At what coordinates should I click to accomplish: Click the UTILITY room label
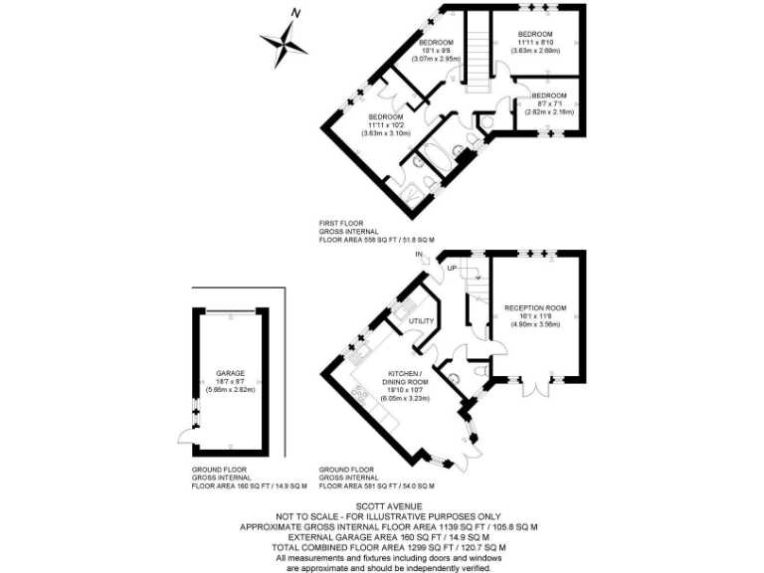(x=421, y=321)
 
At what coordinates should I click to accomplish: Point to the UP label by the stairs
(x=452, y=270)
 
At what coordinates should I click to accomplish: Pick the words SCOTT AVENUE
(x=382, y=504)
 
